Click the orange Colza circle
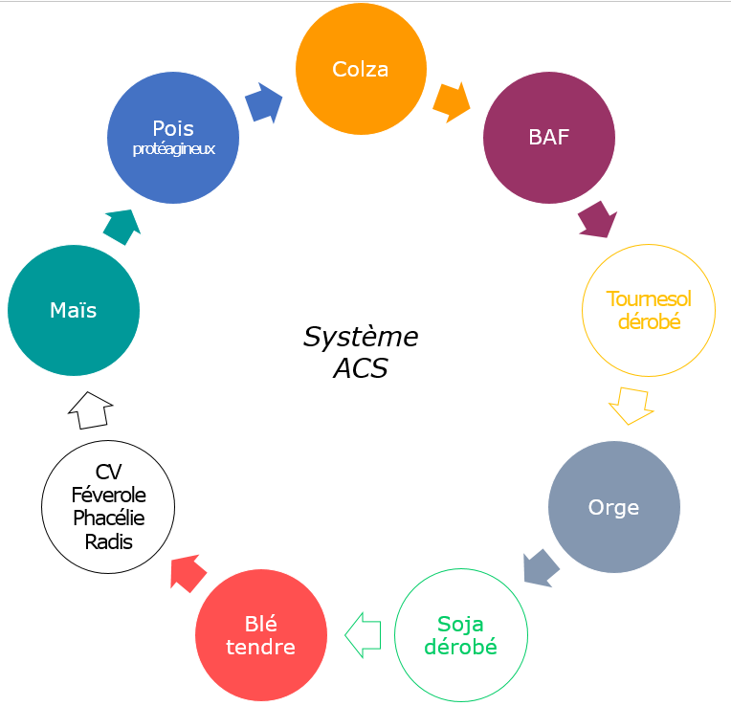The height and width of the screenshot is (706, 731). click(361, 69)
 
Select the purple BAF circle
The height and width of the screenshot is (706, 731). click(549, 137)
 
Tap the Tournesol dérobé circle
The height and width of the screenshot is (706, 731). click(649, 310)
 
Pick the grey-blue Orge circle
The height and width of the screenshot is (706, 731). click(614, 507)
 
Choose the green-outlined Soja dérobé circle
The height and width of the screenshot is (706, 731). click(461, 635)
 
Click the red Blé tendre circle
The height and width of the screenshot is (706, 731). click(261, 635)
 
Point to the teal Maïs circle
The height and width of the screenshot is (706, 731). click(74, 310)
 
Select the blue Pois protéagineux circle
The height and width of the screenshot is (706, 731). click(173, 137)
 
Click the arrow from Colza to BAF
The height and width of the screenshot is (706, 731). click(452, 101)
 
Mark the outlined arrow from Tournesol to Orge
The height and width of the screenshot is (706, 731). click(631, 405)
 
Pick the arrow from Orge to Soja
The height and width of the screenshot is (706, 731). click(541, 568)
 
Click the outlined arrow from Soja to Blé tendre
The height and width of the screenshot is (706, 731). click(364, 635)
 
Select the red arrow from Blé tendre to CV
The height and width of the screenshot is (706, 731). click(188, 572)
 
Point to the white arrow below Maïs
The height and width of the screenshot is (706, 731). click(90, 409)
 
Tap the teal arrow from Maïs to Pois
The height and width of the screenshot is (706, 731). click(122, 226)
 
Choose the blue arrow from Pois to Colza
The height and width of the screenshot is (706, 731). click(265, 103)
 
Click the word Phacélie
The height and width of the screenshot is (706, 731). click(108, 518)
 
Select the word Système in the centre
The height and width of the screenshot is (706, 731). click(361, 337)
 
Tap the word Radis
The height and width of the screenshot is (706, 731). click(108, 541)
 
